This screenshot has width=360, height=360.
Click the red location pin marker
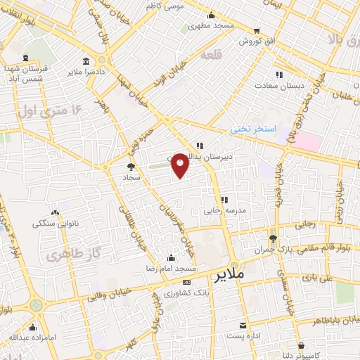(181, 165)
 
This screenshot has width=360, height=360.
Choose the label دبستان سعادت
(284, 85)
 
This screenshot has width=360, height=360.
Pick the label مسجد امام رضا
(176, 269)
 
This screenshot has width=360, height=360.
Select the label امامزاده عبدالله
(32, 337)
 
